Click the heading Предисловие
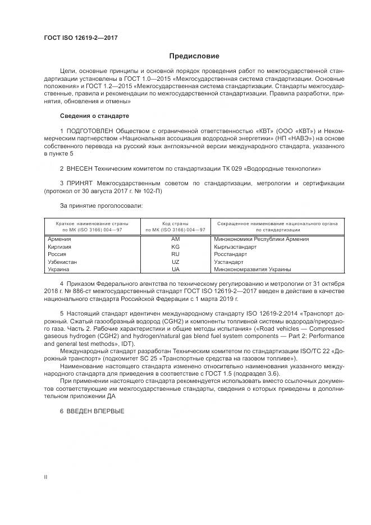(x=195, y=56)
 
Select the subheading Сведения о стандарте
(x=94, y=116)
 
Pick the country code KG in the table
(x=175, y=246)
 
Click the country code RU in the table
(x=175, y=254)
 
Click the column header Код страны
(x=175, y=223)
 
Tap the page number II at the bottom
(x=46, y=477)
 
